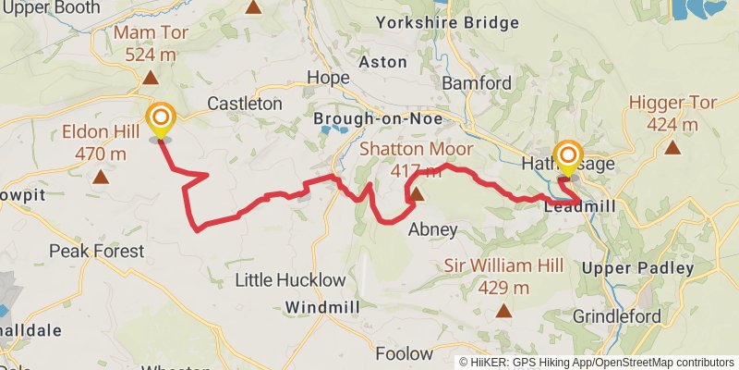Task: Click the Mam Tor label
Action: pyautogui.click(x=146, y=44)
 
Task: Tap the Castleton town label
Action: pyautogui.click(x=245, y=104)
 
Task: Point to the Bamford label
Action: pyautogui.click(x=477, y=83)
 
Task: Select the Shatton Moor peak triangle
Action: pyautogui.click(x=418, y=194)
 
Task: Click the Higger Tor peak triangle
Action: pyautogui.click(x=672, y=146)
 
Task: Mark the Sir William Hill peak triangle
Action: pyautogui.click(x=503, y=311)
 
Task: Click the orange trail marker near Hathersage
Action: pyautogui.click(x=567, y=155)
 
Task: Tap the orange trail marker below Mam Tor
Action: pyautogui.click(x=161, y=118)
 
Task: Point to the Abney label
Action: pyautogui.click(x=432, y=229)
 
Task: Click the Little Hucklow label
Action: pyautogui.click(x=290, y=279)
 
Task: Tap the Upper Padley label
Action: pyautogui.click(x=638, y=268)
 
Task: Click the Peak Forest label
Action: pyautogui.click(x=97, y=251)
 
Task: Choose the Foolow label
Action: pyautogui.click(x=404, y=352)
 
